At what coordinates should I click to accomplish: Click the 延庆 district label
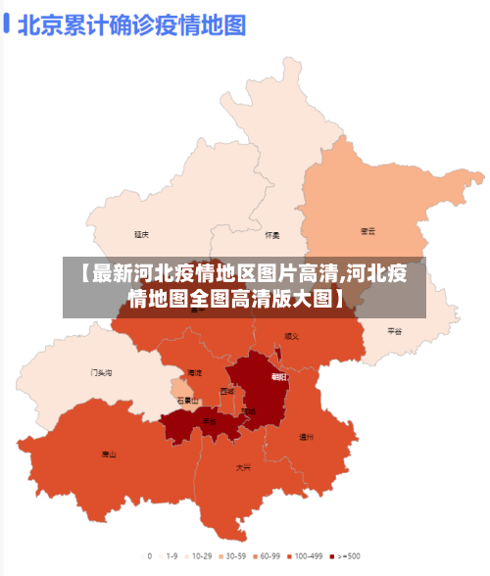click(142, 234)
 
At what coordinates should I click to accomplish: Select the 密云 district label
click(367, 231)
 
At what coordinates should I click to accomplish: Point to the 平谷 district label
click(394, 331)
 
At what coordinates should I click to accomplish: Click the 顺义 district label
click(291, 336)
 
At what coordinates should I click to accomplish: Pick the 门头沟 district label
click(101, 372)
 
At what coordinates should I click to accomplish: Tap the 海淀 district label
click(194, 373)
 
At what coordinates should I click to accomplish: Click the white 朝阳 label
click(279, 376)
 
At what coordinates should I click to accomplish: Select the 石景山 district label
click(187, 401)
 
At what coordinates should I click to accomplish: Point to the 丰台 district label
click(209, 421)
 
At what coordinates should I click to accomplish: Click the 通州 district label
click(306, 437)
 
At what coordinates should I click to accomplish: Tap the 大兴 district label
click(243, 468)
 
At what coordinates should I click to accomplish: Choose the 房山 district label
click(109, 455)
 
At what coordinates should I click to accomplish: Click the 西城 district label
click(227, 391)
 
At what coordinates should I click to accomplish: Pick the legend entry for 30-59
click(231, 555)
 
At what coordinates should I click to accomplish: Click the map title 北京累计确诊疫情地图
click(130, 24)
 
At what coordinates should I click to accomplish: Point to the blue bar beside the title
click(8, 24)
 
